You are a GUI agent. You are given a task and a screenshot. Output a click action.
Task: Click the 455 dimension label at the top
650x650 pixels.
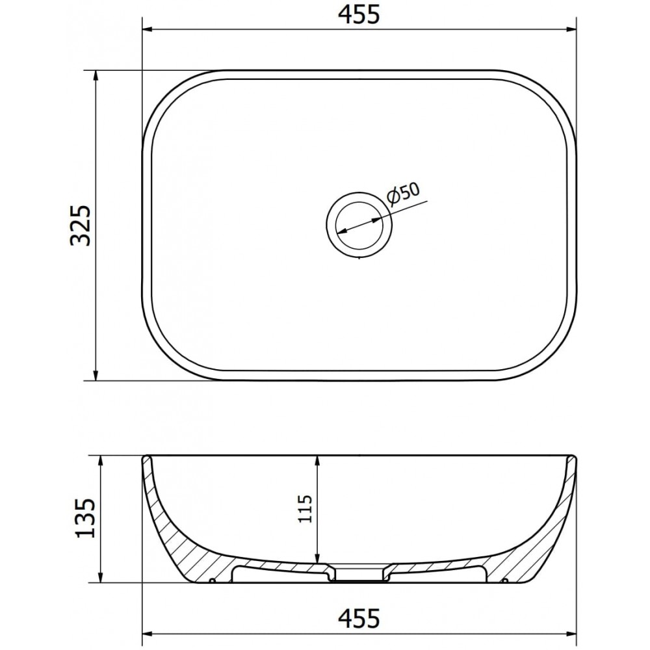[359, 15]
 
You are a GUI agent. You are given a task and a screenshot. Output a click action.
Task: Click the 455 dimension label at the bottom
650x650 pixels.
[359, 618]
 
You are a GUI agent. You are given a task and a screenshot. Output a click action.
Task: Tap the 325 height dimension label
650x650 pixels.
[81, 225]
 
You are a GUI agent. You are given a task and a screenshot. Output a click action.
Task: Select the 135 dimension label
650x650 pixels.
[85, 518]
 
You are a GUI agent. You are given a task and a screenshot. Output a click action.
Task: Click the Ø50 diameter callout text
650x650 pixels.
[404, 193]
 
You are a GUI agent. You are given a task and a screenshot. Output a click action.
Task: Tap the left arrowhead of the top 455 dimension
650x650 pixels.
[149, 29]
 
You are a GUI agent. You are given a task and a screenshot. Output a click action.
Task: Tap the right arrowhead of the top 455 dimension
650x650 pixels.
[570, 29]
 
